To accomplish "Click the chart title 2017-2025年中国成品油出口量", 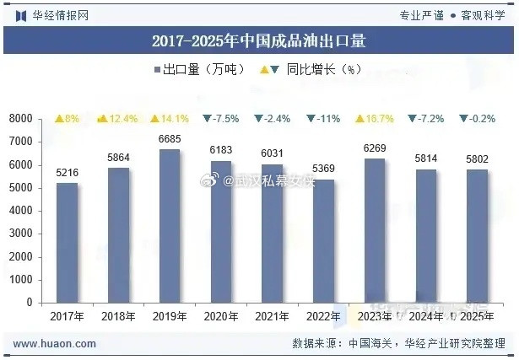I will click(x=259, y=40).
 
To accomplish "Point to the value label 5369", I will click(x=324, y=169).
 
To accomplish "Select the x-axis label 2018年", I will click(x=118, y=316).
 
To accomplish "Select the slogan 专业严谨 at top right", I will click(x=421, y=14).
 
